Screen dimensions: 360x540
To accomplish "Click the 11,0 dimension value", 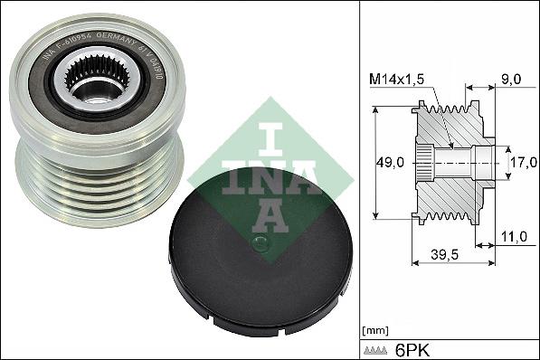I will pos(514,236).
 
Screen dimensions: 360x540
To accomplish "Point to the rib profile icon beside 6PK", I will pos(376,348).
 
